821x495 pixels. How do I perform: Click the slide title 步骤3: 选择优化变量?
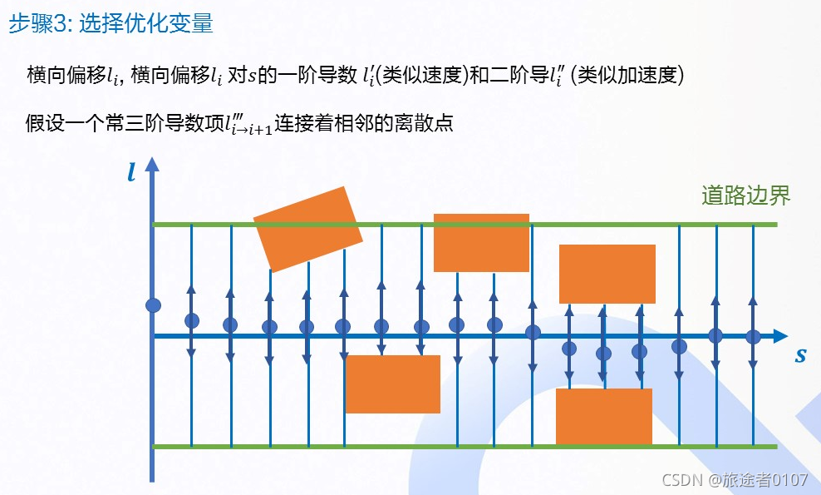coord(111,23)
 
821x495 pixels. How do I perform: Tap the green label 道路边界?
coord(745,196)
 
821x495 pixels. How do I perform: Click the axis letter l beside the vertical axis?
coord(131,172)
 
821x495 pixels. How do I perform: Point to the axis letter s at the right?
coord(800,355)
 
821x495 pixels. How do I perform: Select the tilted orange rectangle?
coord(307,229)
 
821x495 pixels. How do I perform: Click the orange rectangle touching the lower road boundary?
coord(603,416)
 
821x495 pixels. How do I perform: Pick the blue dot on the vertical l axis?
coord(153,305)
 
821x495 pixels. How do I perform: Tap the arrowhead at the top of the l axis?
coord(151,165)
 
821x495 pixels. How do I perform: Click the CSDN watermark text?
coord(732,480)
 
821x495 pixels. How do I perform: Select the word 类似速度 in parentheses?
coord(407,76)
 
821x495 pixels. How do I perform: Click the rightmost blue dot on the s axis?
coord(753,337)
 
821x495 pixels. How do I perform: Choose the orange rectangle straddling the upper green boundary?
coord(481,242)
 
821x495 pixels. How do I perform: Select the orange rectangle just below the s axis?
coord(392,384)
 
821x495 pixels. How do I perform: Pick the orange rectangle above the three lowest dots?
coord(607,274)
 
